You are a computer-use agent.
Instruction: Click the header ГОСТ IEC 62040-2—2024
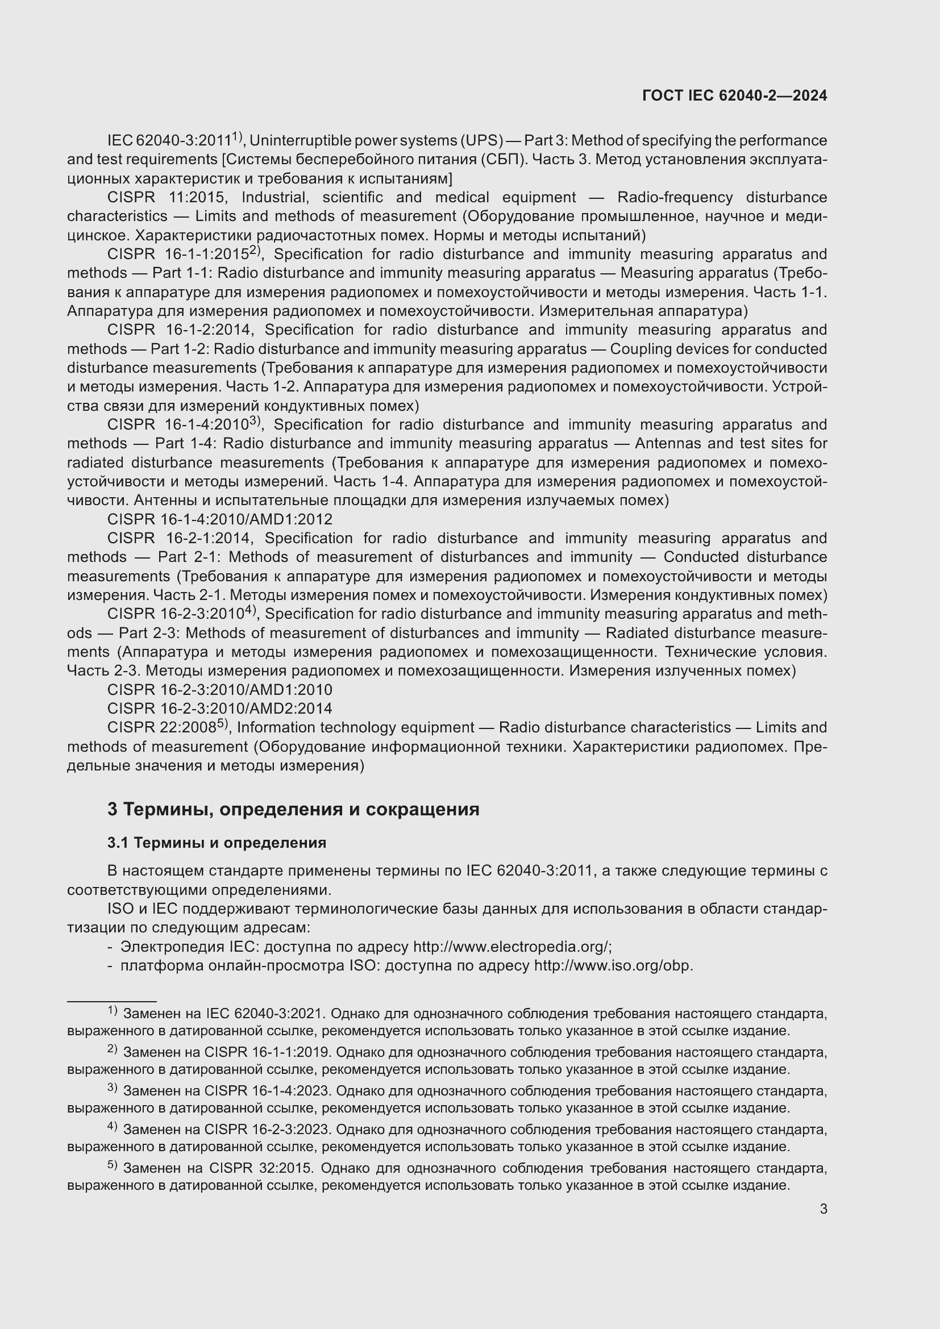click(734, 96)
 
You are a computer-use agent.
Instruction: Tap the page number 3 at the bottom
click(823, 1209)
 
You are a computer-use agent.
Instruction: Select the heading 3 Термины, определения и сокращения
click(293, 809)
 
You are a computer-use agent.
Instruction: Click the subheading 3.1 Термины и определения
click(217, 843)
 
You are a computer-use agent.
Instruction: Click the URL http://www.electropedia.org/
click(511, 947)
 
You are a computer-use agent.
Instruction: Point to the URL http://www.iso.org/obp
click(613, 966)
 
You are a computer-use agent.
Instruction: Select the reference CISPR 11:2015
click(166, 198)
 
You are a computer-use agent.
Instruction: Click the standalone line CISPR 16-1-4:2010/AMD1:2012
click(219, 520)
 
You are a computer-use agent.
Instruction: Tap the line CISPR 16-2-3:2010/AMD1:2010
click(219, 690)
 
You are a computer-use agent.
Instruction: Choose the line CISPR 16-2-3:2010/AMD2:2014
click(219, 709)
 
